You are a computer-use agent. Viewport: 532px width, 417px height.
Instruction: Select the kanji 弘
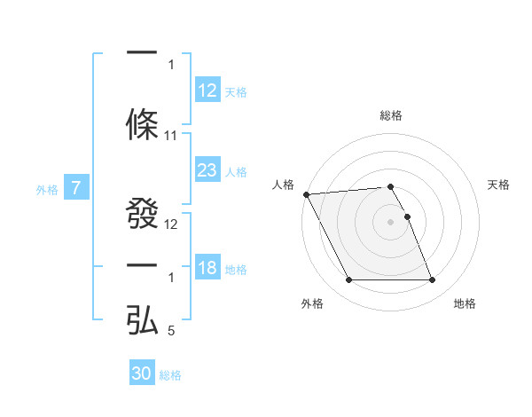click(142, 320)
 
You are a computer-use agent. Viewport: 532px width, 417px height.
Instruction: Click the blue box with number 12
click(207, 90)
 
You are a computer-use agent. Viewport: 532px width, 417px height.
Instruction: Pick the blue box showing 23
click(207, 170)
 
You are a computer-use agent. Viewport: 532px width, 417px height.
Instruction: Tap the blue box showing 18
click(207, 269)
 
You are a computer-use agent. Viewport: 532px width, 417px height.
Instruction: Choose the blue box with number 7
click(77, 188)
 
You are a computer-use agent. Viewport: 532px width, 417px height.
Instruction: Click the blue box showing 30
click(142, 374)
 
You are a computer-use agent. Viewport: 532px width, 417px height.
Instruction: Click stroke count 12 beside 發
click(171, 224)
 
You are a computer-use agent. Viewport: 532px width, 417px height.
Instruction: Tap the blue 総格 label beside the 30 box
click(170, 375)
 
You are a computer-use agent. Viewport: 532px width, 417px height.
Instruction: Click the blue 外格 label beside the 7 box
click(47, 189)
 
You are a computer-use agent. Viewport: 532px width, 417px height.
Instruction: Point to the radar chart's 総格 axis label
click(391, 115)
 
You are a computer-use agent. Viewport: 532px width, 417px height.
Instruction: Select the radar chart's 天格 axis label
click(498, 185)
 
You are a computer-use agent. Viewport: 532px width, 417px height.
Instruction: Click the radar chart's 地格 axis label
click(465, 303)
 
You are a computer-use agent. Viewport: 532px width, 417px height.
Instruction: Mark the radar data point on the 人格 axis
click(306, 194)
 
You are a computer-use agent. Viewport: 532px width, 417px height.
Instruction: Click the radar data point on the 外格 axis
click(348, 280)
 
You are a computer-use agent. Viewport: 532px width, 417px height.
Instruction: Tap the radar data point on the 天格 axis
click(407, 216)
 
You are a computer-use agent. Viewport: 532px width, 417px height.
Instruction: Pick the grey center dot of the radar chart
click(391, 222)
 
